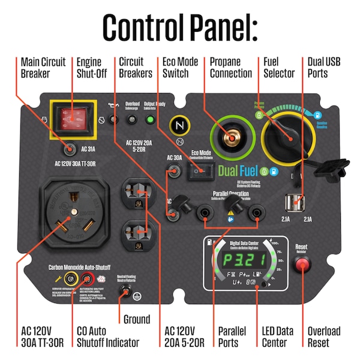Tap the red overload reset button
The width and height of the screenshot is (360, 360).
(302, 265)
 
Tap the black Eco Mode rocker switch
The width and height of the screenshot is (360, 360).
(200, 172)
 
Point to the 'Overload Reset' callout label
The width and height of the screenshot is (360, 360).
(324, 337)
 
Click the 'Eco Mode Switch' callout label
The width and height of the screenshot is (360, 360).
(180, 67)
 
